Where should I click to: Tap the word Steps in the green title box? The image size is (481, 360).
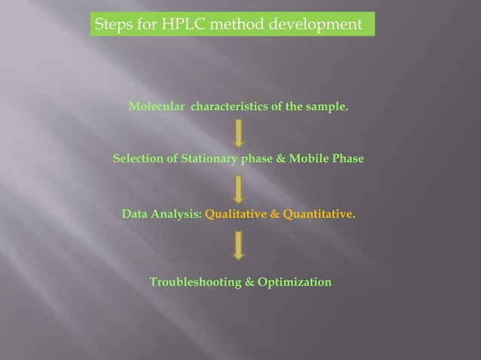pos(112,25)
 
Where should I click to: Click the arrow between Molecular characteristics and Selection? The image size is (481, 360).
pos(239,133)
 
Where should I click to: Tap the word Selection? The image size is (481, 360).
pos(139,159)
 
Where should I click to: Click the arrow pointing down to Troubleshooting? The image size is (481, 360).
pos(239,245)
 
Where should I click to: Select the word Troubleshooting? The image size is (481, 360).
pos(195,282)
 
